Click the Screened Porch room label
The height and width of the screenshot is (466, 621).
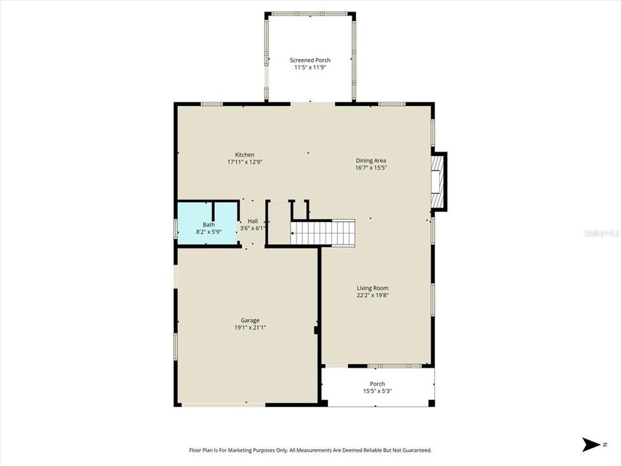point(310,60)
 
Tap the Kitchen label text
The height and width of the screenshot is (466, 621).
point(245,155)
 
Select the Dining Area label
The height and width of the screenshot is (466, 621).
point(371,161)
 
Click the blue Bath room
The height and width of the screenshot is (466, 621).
point(208,223)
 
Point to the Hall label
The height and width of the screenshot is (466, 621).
point(253,221)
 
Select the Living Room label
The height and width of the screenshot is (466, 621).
point(373,288)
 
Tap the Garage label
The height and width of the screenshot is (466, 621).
point(250,320)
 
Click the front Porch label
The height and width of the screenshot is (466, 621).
point(377,384)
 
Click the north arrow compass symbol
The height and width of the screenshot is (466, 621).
point(591,444)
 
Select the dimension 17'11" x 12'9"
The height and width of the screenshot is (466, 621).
point(245,162)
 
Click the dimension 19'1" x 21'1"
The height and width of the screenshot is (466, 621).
point(250,327)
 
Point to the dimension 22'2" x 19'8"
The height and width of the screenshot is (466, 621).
point(373,295)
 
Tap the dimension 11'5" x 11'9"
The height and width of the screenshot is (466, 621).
point(310,67)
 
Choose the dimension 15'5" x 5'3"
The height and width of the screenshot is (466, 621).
point(377,391)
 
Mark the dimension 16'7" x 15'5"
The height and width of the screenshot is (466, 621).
point(371,168)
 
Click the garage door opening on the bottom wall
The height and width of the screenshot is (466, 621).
point(223,404)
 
